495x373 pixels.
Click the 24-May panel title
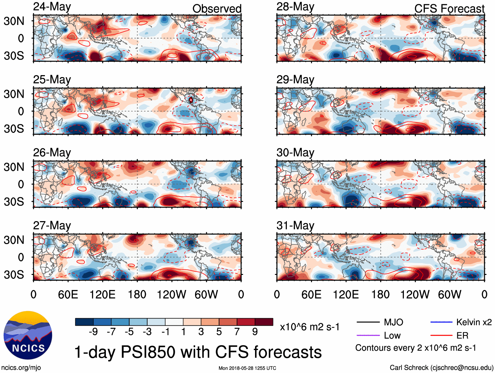tap(52, 7)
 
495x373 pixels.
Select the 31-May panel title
tap(295, 226)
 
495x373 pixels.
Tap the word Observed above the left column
tap(217, 9)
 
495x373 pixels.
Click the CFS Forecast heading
tap(449, 9)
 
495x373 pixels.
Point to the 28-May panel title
tap(295, 7)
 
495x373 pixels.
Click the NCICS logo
tap(28, 335)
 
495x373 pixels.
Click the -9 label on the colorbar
tap(93, 332)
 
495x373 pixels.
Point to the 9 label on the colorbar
tap(255, 332)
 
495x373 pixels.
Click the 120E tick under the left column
tap(102, 294)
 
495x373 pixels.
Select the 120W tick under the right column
tap(415, 294)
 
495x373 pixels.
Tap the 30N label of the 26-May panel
tap(14, 167)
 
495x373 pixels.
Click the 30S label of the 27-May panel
tap(14, 275)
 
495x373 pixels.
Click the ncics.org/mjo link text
tap(21, 368)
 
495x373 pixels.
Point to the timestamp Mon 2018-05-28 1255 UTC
tap(247, 368)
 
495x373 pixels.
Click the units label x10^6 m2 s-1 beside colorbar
tap(309, 327)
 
